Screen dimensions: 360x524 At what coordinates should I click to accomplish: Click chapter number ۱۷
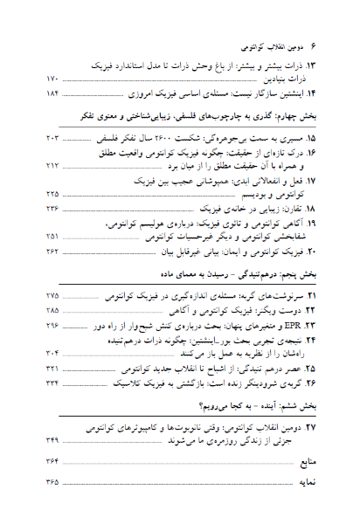(x=309, y=180)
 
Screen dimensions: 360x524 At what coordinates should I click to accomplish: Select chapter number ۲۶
(x=309, y=383)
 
